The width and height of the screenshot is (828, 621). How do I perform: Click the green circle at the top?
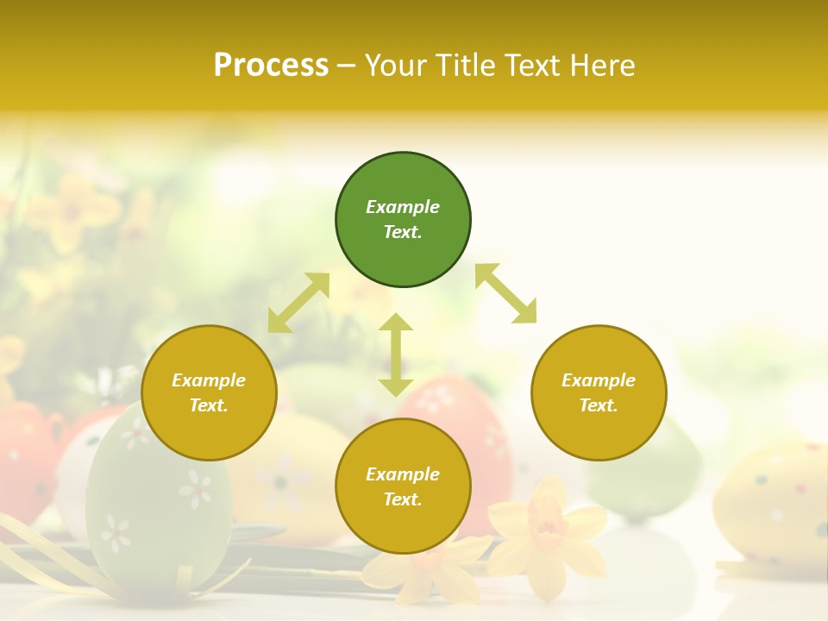click(403, 220)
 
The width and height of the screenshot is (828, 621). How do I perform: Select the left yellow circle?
click(209, 393)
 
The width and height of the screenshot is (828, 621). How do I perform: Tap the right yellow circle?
click(599, 393)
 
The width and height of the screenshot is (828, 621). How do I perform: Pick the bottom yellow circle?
click(403, 486)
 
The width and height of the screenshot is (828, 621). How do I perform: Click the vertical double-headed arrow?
click(396, 354)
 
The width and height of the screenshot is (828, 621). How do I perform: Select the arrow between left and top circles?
click(298, 303)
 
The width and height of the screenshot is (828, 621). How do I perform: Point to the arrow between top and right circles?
click(505, 293)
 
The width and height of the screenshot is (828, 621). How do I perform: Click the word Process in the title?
click(271, 65)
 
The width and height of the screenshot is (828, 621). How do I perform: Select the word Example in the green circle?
click(403, 207)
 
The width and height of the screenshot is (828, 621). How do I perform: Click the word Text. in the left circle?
click(209, 405)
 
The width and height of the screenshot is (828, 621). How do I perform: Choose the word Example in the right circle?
click(599, 380)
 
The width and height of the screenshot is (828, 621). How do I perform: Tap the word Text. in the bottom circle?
click(403, 499)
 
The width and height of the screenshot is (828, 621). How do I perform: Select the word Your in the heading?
click(398, 65)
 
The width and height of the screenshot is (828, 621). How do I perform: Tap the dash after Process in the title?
click(346, 66)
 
